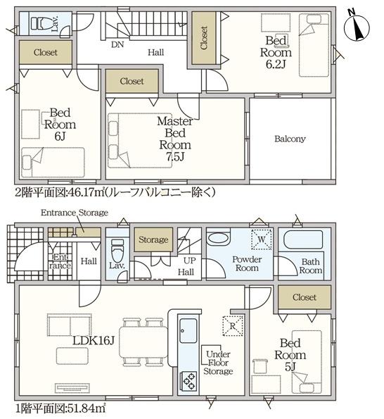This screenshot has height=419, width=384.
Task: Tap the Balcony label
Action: pos(290,139)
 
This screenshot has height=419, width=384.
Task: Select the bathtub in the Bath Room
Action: pos(302,241)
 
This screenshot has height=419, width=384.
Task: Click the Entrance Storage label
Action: pos(74,213)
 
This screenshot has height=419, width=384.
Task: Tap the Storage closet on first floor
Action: pos(153,240)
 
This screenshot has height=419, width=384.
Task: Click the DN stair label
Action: pos(117,44)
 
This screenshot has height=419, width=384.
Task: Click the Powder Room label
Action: pos(247,264)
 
